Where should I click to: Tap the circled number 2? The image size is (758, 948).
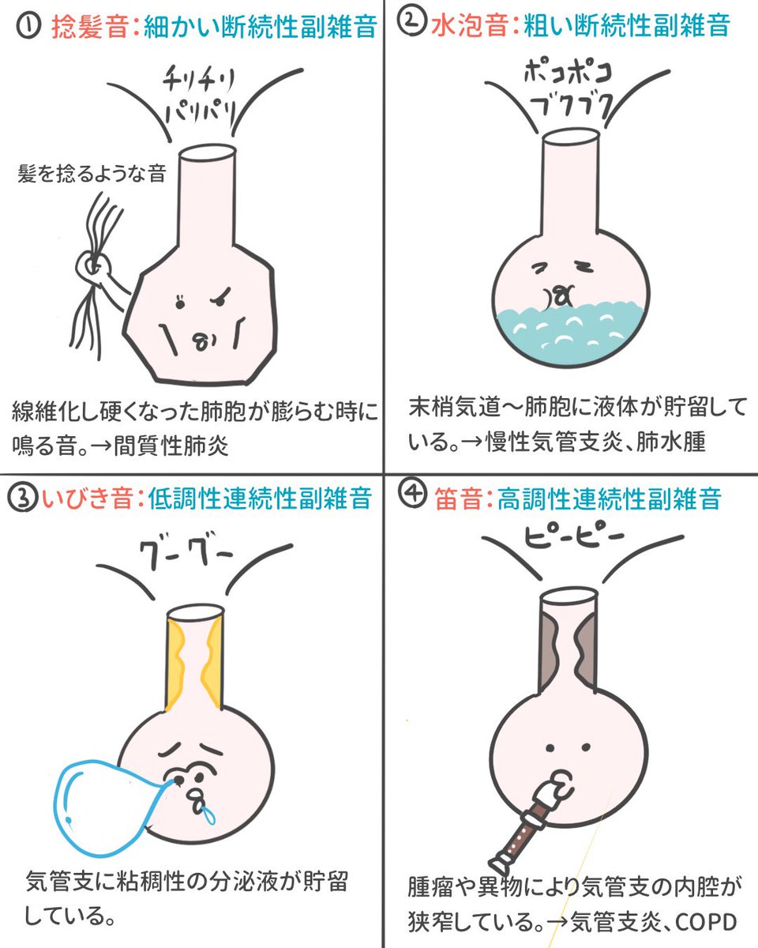(411, 25)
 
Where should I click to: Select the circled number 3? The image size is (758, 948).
(21, 500)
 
